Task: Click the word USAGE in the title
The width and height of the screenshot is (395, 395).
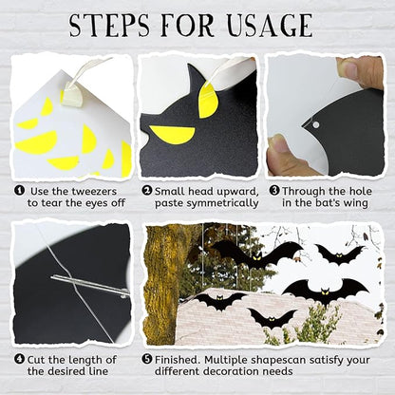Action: pyautogui.click(x=270, y=25)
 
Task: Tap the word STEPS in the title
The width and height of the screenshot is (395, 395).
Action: pyautogui.click(x=109, y=25)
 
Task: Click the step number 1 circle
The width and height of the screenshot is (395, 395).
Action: pyautogui.click(x=20, y=191)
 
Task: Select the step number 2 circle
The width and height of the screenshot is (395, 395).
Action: pyautogui.click(x=146, y=191)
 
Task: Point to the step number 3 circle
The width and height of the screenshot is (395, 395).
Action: pyautogui.click(x=274, y=191)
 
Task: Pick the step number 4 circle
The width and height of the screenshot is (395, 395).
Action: pyautogui.click(x=20, y=359)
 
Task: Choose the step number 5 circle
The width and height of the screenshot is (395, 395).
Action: pyautogui.click(x=146, y=359)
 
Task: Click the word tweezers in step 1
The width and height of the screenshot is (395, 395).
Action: pyautogui.click(x=94, y=192)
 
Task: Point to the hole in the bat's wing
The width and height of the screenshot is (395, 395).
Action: pyautogui.click(x=315, y=124)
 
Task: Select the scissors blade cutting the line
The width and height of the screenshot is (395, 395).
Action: pyautogui.click(x=90, y=285)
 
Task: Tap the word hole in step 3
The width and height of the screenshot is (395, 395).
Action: pyautogui.click(x=361, y=191)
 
